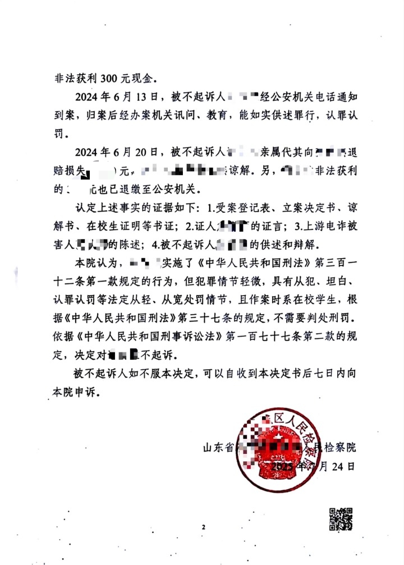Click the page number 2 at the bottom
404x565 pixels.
203,528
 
